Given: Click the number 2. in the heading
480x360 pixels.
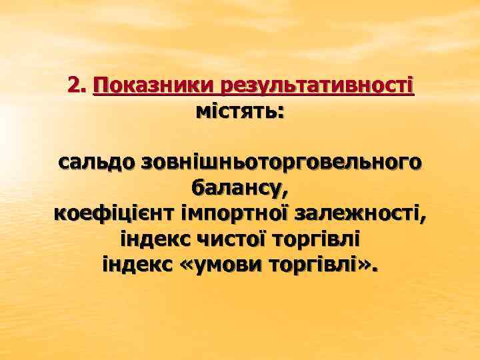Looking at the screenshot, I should click(x=77, y=85).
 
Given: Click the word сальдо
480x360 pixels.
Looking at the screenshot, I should click(x=96, y=162).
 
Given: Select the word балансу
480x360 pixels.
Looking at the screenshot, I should click(x=236, y=188).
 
